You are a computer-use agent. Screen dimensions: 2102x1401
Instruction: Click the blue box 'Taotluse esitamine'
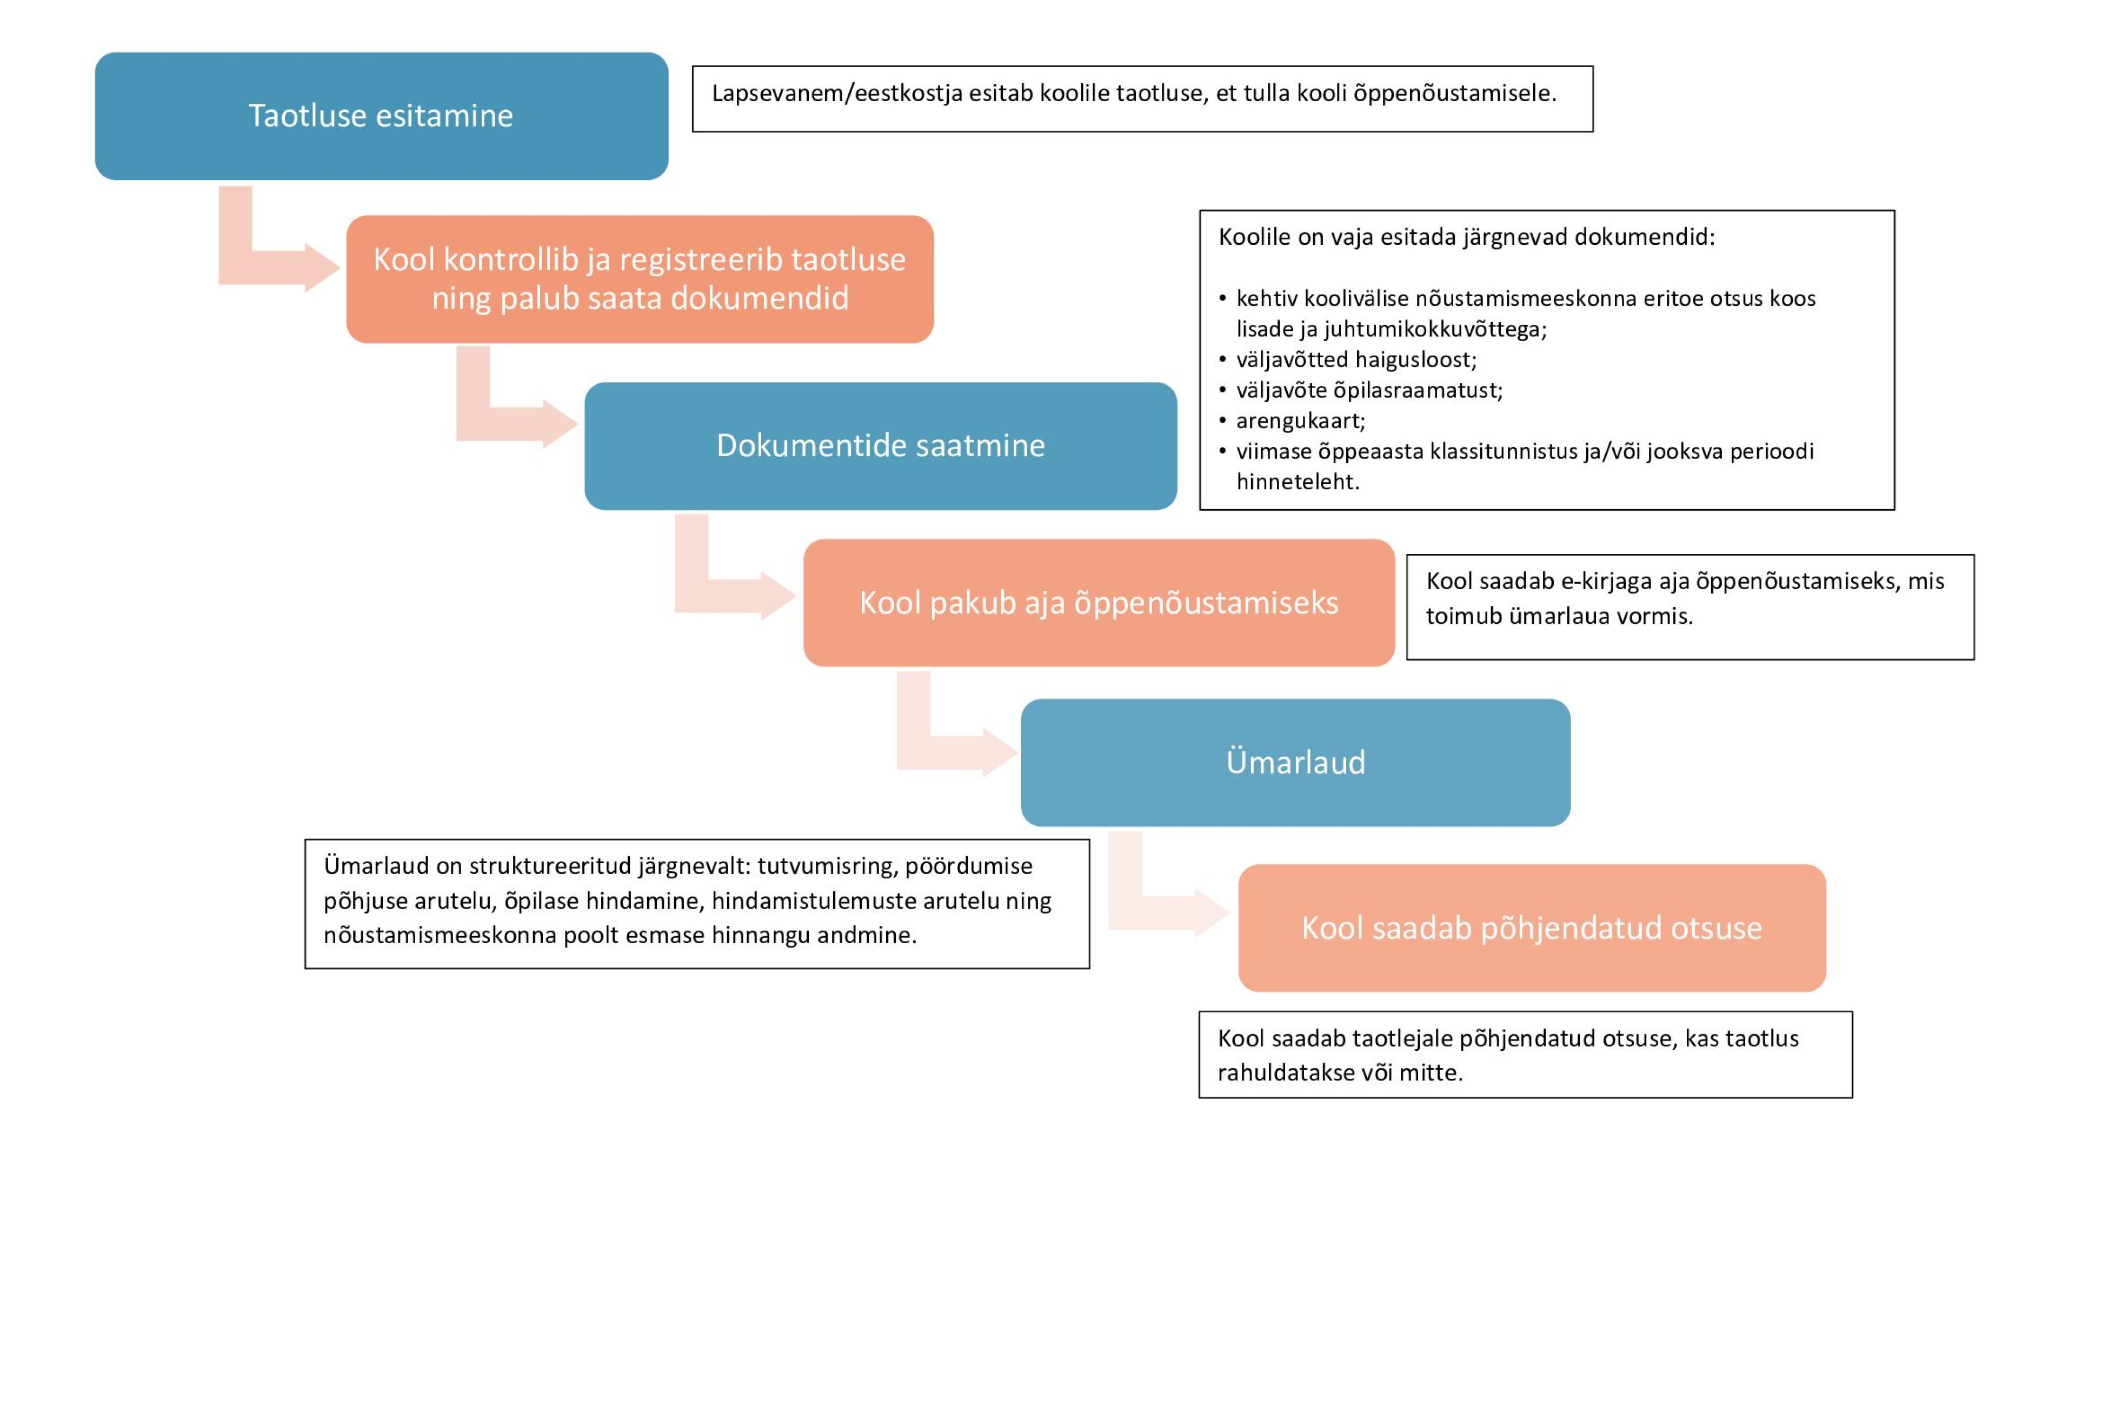(382, 116)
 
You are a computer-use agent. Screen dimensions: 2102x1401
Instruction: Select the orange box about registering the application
(640, 279)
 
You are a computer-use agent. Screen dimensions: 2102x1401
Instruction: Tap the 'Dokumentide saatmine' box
(880, 446)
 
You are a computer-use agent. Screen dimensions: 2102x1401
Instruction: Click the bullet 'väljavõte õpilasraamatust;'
(1369, 390)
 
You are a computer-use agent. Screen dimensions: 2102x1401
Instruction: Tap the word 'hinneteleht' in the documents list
(1295, 482)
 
